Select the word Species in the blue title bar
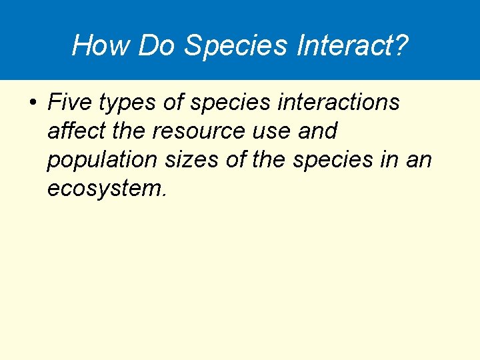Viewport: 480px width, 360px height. pyautogui.click(x=235, y=45)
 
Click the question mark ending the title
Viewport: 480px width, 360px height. pyautogui.click(x=399, y=45)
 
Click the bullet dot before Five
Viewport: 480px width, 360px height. pyautogui.click(x=32, y=103)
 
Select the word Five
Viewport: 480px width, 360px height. pyautogui.click(x=69, y=103)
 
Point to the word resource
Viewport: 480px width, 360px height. pyautogui.click(x=196, y=132)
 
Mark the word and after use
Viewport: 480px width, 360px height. pyautogui.click(x=318, y=131)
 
